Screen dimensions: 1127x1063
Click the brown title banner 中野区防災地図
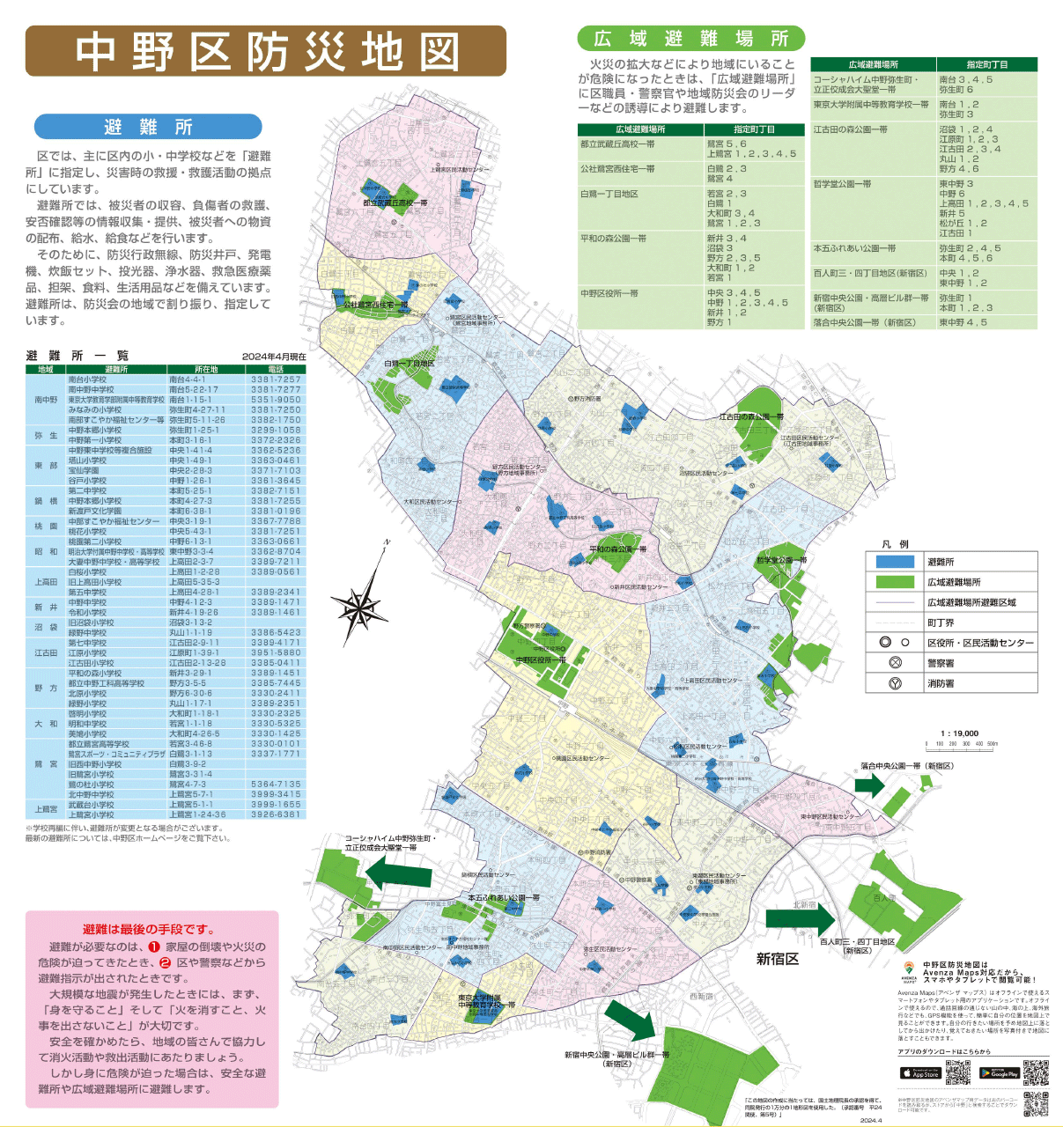pos(266,51)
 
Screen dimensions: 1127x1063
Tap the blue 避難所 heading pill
pos(148,127)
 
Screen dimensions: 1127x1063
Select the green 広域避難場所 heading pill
pos(690,38)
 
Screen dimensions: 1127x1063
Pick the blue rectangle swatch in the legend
pos(895,562)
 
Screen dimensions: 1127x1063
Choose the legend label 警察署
pos(941,663)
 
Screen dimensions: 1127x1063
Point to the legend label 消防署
pos(941,683)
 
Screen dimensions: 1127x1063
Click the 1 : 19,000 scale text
pos(959,733)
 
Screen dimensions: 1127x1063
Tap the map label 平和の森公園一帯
pos(617,549)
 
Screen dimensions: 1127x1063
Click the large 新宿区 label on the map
pos(777,959)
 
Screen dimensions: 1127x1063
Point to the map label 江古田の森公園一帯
pos(750,416)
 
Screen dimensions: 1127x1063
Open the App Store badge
pos(919,1073)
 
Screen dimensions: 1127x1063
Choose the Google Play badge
pos(999,1073)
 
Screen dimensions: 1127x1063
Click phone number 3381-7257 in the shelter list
pos(276,379)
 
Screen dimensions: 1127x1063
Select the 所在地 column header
pos(206,370)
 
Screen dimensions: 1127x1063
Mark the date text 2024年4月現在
pos(274,357)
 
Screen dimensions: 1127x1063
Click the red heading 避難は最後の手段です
pos(149,929)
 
